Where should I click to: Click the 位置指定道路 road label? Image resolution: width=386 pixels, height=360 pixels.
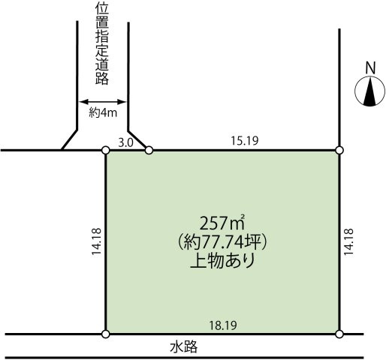[x=104, y=45]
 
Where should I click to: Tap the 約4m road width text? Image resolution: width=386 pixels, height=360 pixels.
[x=104, y=114]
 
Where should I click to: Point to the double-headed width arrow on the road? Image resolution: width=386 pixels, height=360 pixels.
[x=104, y=102]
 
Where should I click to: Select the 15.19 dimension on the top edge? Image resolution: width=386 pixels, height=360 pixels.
[x=243, y=140]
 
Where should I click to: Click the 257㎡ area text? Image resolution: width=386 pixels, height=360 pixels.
[x=223, y=223]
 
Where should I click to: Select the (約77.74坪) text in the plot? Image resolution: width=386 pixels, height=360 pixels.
[x=223, y=242]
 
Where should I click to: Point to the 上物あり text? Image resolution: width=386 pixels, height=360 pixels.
[x=223, y=262]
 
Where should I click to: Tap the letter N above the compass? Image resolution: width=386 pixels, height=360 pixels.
[x=369, y=67]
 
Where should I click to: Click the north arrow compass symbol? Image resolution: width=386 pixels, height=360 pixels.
[x=369, y=93]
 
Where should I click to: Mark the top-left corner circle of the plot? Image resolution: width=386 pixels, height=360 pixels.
[x=106, y=151]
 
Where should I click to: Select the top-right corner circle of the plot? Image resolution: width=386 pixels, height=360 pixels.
[x=339, y=151]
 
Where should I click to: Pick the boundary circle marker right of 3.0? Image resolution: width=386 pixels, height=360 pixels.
[x=149, y=151]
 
